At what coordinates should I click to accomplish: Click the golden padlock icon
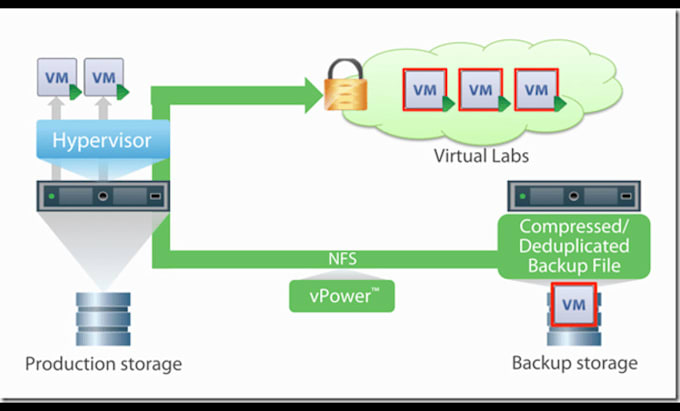[x=346, y=85]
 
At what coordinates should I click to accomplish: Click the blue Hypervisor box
[x=103, y=140]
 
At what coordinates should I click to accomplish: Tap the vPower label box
[x=342, y=296]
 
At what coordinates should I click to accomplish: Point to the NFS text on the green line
[x=342, y=259]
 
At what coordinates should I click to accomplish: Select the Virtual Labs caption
[x=481, y=156]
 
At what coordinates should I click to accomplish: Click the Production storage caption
[x=103, y=364]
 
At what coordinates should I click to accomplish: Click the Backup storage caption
[x=575, y=363]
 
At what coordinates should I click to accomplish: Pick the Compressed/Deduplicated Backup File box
[x=574, y=246]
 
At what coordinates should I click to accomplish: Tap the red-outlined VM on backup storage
[x=573, y=304]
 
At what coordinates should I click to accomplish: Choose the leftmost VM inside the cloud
[x=425, y=90]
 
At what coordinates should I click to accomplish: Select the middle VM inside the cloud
[x=481, y=90]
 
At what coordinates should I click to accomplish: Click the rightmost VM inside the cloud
[x=536, y=90]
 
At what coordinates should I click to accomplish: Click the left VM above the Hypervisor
[x=57, y=77]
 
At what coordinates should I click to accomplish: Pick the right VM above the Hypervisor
[x=104, y=77]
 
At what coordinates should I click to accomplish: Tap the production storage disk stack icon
[x=103, y=319]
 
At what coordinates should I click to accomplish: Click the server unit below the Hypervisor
[x=103, y=196]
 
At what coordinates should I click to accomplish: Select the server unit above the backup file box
[x=574, y=196]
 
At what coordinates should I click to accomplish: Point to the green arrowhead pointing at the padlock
[x=313, y=95]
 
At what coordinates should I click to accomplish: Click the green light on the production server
[x=52, y=196]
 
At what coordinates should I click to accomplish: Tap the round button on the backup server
[x=574, y=196]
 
